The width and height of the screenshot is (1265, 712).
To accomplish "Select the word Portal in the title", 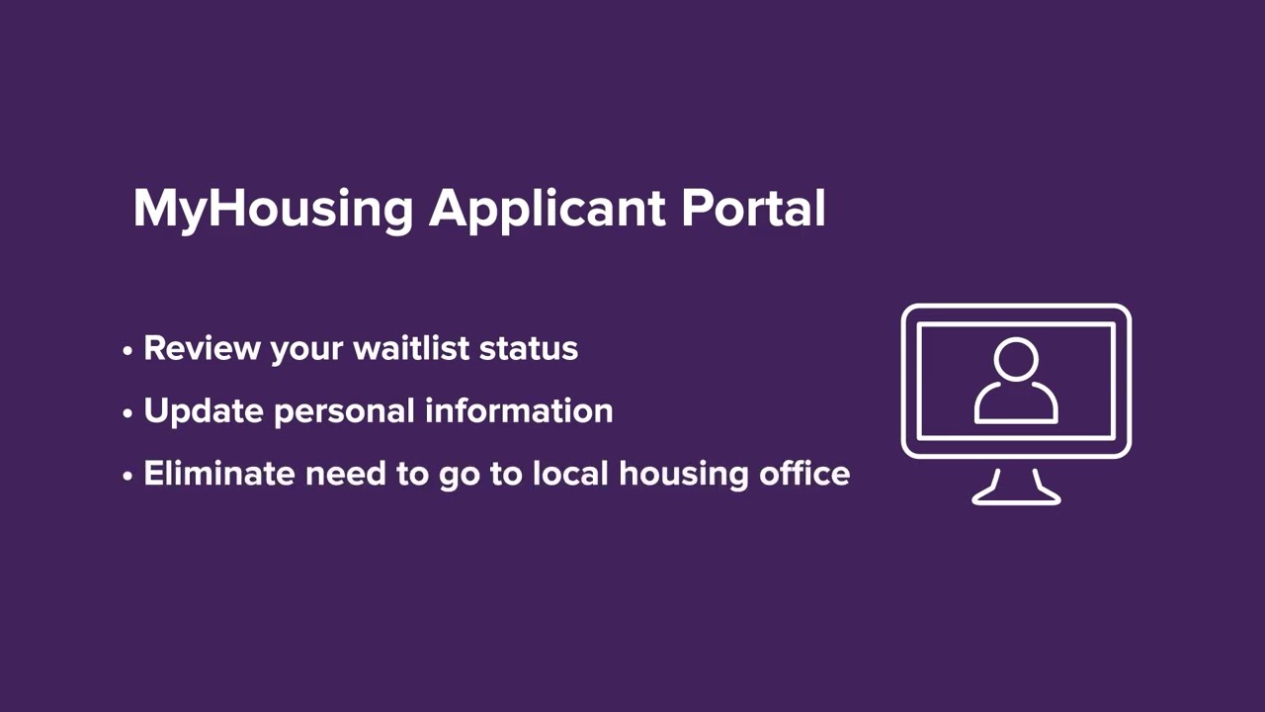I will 753,208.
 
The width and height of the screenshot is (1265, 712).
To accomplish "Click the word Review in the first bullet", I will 203,348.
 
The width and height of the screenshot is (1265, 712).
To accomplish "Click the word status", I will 529,348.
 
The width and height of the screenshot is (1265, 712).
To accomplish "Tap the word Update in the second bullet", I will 204,411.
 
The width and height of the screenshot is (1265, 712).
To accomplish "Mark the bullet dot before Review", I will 127,351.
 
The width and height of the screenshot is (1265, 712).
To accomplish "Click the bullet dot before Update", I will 127,413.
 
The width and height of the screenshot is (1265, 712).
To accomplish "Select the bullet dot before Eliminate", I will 127,476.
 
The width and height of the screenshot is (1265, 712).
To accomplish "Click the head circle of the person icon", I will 1016,360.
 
